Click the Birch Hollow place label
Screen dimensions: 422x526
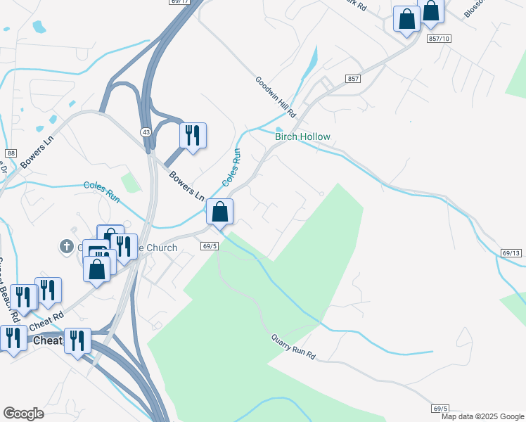302,136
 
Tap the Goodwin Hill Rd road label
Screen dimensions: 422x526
276,97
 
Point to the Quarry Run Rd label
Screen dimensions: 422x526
294,347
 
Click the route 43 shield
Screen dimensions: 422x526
145,132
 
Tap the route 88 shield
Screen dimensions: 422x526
10,153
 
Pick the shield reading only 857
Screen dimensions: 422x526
353,78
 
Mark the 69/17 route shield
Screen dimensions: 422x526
180,3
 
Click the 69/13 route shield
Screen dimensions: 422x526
512,252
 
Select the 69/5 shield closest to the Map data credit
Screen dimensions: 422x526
440,408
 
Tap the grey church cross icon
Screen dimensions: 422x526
67,246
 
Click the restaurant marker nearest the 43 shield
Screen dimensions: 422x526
193,134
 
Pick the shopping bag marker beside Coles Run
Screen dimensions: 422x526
220,211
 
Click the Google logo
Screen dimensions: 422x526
23,414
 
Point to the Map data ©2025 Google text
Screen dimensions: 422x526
482,416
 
